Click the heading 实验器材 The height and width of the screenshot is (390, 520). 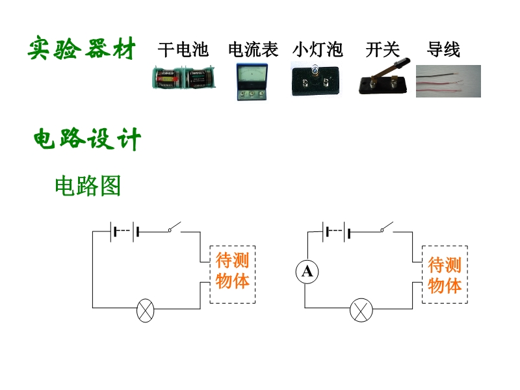coord(82,48)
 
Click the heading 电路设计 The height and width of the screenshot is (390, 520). coord(87,138)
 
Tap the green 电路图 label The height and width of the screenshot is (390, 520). coord(88,186)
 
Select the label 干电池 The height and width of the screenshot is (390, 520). coord(183,50)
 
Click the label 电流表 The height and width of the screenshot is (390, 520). coord(253,50)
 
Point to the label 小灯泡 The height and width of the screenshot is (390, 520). coord(318,50)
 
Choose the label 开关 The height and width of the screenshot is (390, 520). coord(383,50)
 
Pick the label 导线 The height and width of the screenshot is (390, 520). coord(443,50)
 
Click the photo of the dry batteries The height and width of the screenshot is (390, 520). coord(184,77)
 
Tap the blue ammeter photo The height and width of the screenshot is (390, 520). coord(252,82)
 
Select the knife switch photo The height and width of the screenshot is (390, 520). coord(383,77)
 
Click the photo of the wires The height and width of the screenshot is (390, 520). coord(448,81)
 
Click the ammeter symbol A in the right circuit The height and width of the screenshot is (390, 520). coord(307,272)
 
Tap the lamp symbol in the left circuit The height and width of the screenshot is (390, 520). coord(146,311)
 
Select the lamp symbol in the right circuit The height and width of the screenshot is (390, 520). coord(361,310)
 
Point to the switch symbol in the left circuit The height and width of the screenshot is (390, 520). coord(174,227)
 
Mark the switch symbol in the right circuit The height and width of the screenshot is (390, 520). coord(387,227)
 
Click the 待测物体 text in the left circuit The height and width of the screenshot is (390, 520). coord(233,270)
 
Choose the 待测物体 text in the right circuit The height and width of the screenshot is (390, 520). coord(445,275)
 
